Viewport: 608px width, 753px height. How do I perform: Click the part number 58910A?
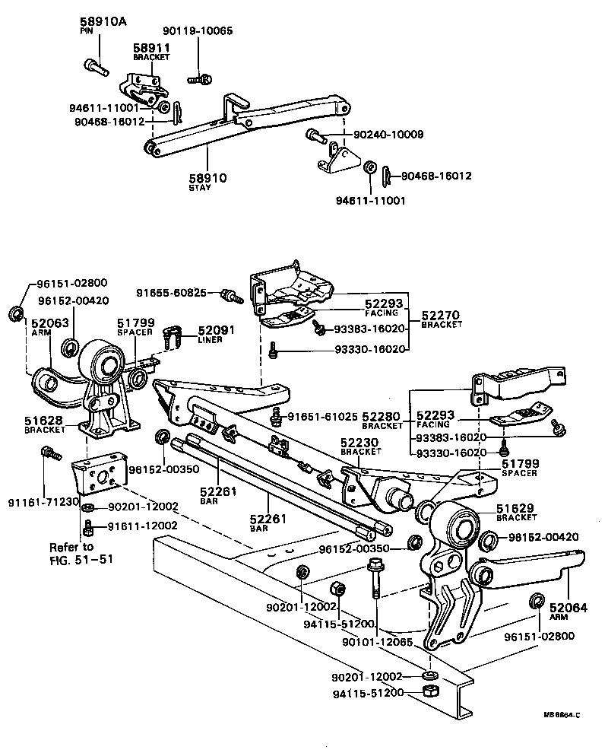coord(103,22)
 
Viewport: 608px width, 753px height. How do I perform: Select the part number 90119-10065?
coord(198,31)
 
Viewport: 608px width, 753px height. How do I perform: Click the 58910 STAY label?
coord(207,182)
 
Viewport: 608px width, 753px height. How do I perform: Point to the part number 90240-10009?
coord(388,135)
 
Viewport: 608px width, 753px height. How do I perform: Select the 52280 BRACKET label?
coord(382,421)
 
